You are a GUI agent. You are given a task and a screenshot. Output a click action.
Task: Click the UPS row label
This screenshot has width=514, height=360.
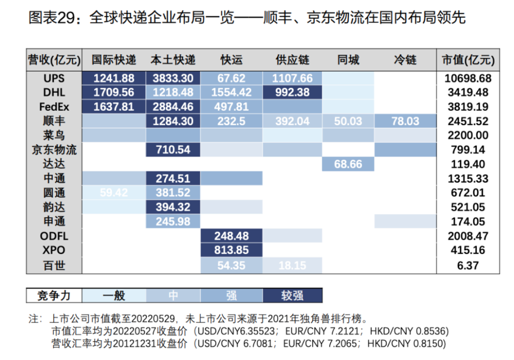click(54, 78)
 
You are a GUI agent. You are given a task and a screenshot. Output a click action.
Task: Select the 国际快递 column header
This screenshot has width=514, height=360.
click(114, 60)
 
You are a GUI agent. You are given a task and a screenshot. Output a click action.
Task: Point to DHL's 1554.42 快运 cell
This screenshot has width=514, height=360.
click(231, 92)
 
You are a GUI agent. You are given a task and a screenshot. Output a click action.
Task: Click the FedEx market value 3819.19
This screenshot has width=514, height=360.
click(466, 107)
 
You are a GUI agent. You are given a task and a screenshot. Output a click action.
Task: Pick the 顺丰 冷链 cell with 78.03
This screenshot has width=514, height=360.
click(405, 121)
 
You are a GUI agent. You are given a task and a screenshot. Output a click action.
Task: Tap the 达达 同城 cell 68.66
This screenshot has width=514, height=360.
click(348, 164)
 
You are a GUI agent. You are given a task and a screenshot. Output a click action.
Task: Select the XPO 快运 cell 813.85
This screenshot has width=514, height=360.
click(231, 251)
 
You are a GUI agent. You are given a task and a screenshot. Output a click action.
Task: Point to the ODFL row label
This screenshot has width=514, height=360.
click(54, 236)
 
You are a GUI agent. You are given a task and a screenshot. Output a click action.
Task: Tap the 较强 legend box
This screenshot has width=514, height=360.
click(292, 295)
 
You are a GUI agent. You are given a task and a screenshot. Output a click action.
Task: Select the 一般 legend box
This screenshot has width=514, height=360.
click(114, 295)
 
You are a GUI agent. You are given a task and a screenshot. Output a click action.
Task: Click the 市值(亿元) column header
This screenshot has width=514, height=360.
click(466, 60)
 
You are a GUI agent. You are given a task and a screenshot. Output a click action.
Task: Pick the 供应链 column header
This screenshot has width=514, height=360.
click(292, 60)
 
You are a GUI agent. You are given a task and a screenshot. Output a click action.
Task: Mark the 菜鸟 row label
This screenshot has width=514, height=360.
click(54, 136)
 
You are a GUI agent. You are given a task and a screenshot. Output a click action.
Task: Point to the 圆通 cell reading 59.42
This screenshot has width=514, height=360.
click(114, 193)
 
